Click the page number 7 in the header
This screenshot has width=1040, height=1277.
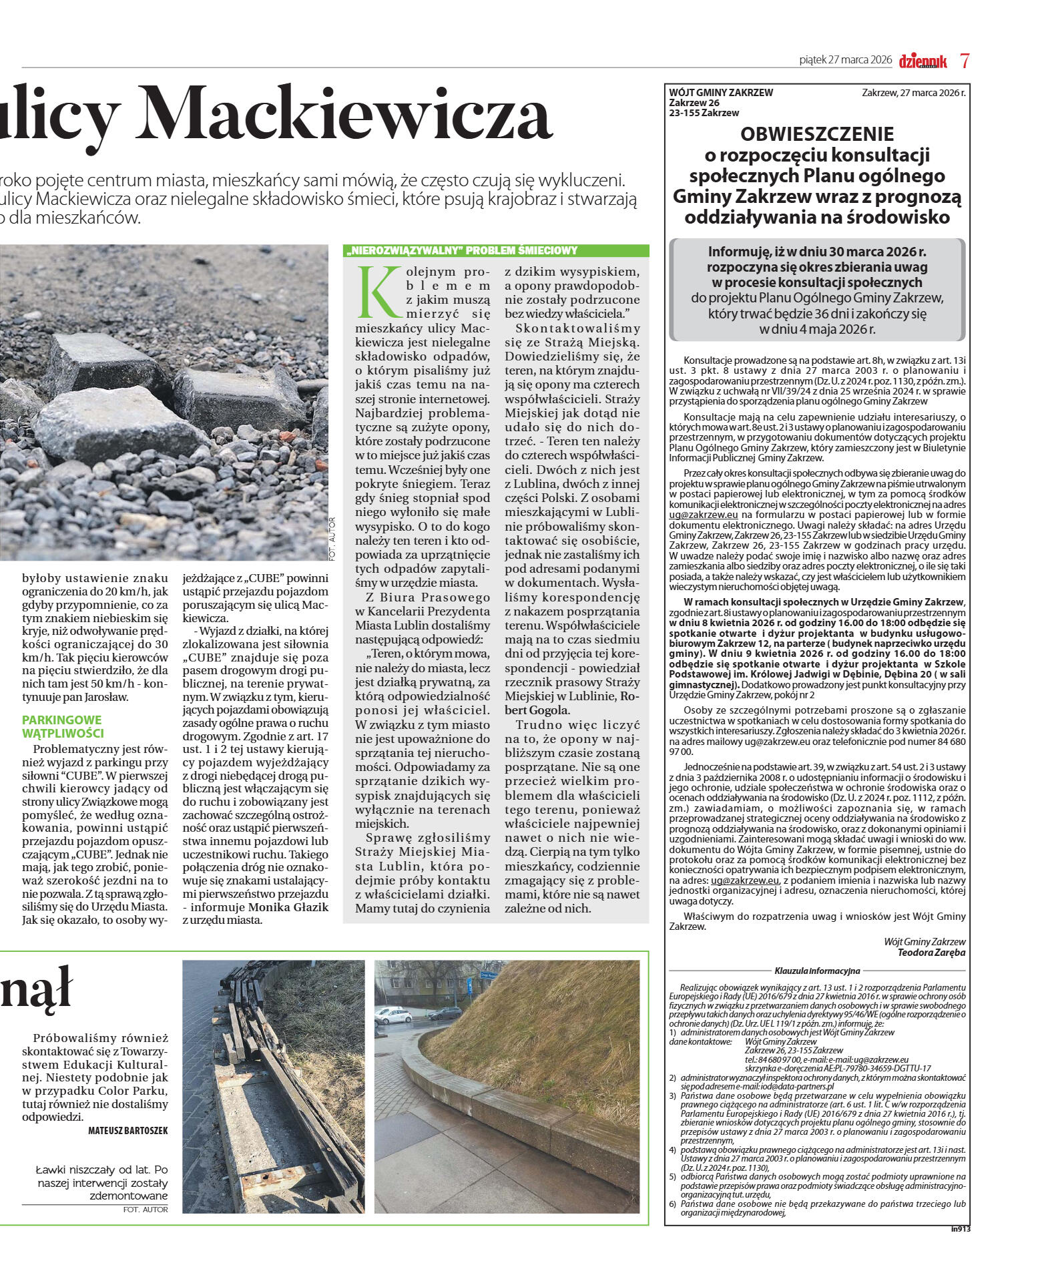point(965,61)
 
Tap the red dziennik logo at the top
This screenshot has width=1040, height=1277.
point(923,61)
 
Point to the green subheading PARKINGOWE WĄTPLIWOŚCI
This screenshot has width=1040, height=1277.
point(63,726)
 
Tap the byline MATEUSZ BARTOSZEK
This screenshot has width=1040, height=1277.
point(128,1131)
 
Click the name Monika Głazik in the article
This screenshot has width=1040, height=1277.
point(288,907)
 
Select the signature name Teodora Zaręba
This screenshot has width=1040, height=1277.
point(931,953)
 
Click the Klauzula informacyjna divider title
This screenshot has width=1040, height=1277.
point(817,971)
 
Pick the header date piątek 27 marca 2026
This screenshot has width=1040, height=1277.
point(845,60)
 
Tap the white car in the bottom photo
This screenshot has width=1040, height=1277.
point(393,1016)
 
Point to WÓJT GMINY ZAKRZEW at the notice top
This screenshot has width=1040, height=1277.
point(721,93)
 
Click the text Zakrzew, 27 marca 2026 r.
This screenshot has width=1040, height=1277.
point(913,93)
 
